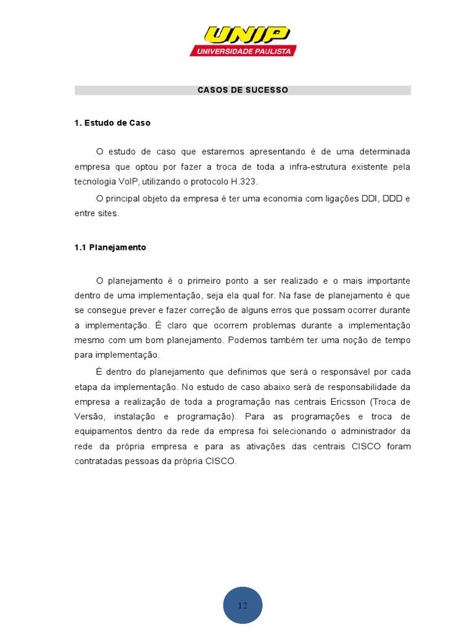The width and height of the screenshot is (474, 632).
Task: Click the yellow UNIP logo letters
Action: (246, 35)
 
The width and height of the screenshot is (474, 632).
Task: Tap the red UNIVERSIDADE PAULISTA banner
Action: (243, 51)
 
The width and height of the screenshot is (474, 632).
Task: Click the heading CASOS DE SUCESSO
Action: (243, 90)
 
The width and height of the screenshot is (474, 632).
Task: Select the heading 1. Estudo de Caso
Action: (112, 123)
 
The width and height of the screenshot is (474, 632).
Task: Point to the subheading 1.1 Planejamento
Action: (110, 247)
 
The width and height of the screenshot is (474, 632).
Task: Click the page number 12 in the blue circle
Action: (243, 605)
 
